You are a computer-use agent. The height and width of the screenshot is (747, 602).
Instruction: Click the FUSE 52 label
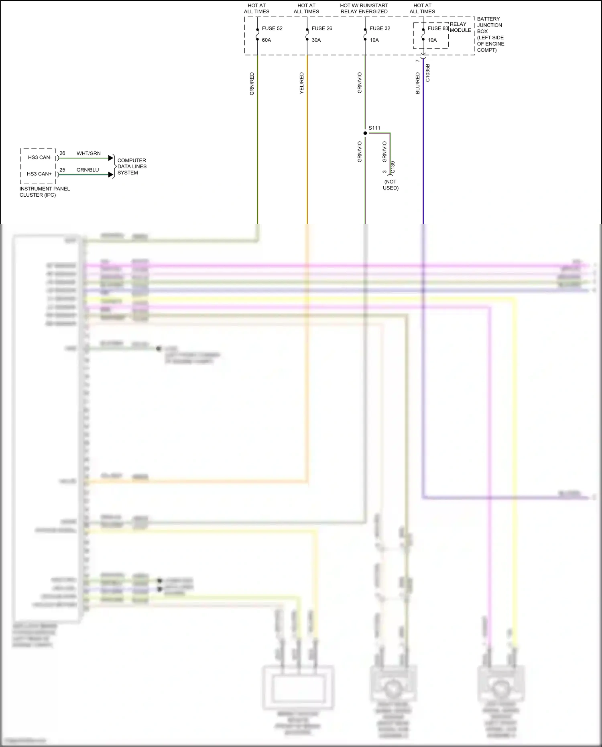[272, 28]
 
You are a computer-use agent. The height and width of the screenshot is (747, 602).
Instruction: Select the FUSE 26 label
[322, 28]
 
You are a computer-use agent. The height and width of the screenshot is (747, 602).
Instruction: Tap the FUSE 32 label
[380, 28]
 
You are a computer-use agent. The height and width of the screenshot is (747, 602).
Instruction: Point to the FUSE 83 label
[438, 28]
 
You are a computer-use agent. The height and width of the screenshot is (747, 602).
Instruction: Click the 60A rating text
[266, 40]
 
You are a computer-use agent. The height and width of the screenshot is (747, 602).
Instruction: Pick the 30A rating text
[316, 40]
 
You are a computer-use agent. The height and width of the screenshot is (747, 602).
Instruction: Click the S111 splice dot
[365, 133]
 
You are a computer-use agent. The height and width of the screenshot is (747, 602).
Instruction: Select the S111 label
[374, 128]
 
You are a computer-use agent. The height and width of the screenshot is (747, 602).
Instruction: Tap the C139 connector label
[393, 167]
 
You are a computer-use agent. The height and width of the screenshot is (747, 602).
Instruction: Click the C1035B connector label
[428, 73]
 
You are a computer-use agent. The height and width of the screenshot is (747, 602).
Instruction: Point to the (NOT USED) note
[390, 185]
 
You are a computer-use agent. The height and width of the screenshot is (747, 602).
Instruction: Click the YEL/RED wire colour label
[302, 83]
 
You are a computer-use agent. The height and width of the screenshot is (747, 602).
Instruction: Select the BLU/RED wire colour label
[418, 83]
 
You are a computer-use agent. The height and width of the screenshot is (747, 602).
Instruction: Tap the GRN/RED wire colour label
[252, 83]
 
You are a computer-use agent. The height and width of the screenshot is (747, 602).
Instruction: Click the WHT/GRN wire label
[89, 153]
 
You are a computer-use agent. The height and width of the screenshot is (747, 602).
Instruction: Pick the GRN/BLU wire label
[88, 170]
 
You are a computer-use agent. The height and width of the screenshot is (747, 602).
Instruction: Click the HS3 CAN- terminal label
[40, 157]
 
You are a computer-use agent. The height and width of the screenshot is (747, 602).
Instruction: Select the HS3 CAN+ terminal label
[39, 174]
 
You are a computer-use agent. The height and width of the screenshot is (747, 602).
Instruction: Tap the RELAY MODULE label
[460, 27]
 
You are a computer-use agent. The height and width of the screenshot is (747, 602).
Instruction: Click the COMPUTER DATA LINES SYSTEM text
[132, 167]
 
